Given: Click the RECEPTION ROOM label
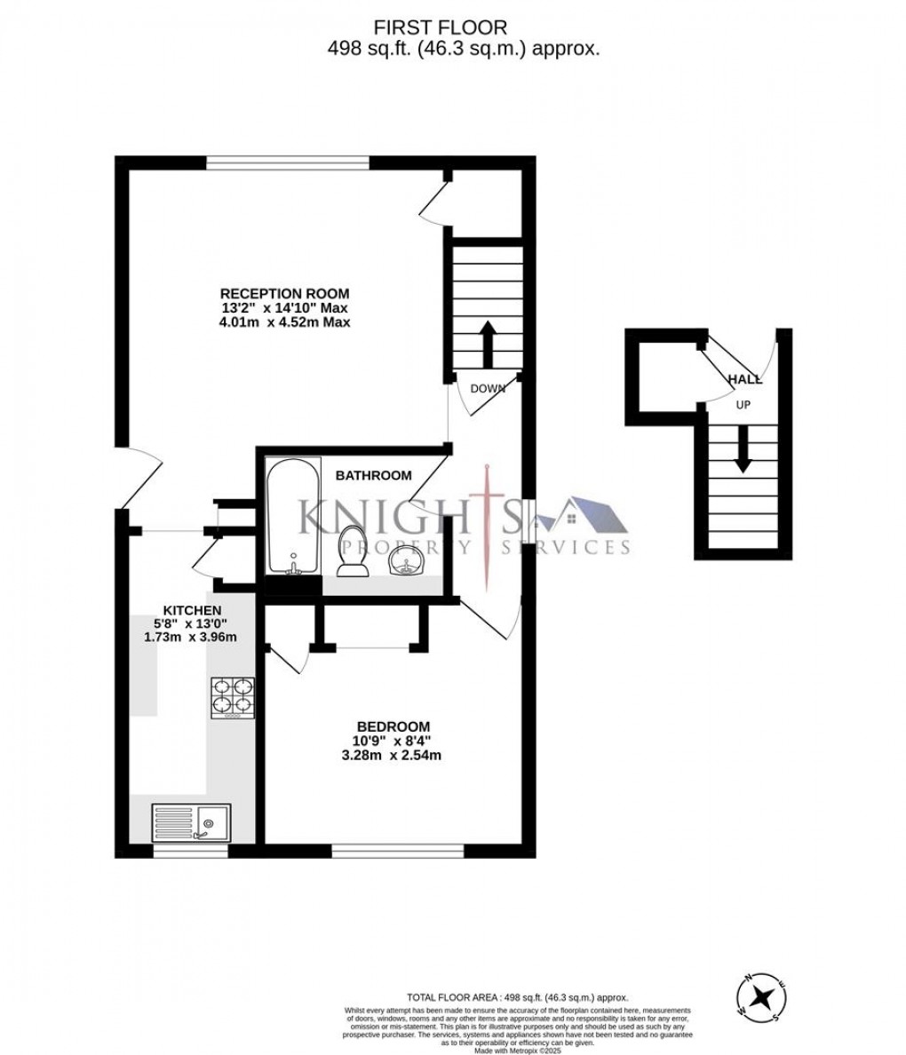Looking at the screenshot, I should pyautogui.click(x=284, y=294).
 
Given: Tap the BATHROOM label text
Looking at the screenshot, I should pyautogui.click(x=373, y=476).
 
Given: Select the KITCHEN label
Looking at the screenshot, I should pyautogui.click(x=191, y=610).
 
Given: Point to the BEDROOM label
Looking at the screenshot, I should pyautogui.click(x=393, y=726).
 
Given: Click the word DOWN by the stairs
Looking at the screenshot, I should pyautogui.click(x=488, y=388).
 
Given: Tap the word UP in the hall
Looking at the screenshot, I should pyautogui.click(x=743, y=404).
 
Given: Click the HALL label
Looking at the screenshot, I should pyautogui.click(x=744, y=380).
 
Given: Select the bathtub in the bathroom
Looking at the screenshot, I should pyautogui.click(x=294, y=515).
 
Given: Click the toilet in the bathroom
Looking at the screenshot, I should pyautogui.click(x=353, y=551).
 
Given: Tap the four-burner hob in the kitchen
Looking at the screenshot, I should pyautogui.click(x=232, y=698).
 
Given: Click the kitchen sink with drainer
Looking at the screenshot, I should pyautogui.click(x=191, y=822).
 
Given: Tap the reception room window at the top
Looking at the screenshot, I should pyautogui.click(x=288, y=162).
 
